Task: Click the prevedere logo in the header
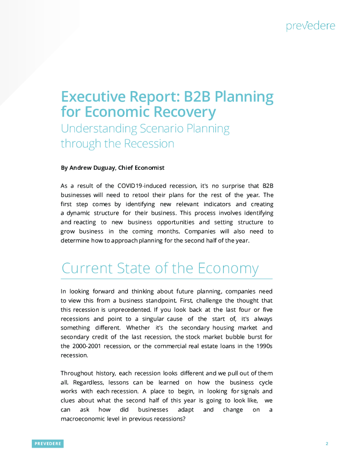pyautogui.click(x=310, y=25)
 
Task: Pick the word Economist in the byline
pyautogui.click(x=147, y=167)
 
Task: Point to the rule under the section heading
pyautogui.click(x=167, y=278)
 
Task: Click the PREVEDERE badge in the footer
pyautogui.click(x=47, y=444)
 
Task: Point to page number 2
pyautogui.click(x=327, y=444)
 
